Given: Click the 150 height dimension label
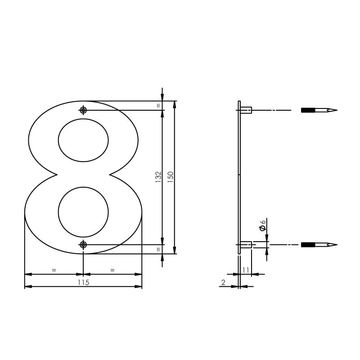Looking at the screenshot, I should click(x=171, y=176).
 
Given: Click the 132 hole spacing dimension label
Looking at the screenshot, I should click(x=158, y=176).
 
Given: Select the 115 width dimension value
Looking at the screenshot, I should click(x=83, y=283).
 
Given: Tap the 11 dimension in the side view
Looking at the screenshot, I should click(x=246, y=270).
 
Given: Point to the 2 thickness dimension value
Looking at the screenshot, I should click(x=223, y=283).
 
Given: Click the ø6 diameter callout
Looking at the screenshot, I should click(x=263, y=225).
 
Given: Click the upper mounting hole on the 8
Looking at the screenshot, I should click(x=83, y=110).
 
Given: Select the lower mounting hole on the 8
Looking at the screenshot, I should click(x=83, y=244).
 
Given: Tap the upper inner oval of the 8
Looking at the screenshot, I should click(x=83, y=140).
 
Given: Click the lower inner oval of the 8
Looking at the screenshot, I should click(x=83, y=211).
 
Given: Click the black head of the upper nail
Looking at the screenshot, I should click(x=308, y=110).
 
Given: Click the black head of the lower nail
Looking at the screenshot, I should click(x=308, y=245).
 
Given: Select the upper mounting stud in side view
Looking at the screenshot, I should click(x=246, y=110).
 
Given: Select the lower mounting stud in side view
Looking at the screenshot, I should click(x=246, y=245).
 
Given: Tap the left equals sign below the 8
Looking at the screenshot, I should click(x=54, y=270).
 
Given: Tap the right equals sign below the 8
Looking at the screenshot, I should click(x=112, y=270).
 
